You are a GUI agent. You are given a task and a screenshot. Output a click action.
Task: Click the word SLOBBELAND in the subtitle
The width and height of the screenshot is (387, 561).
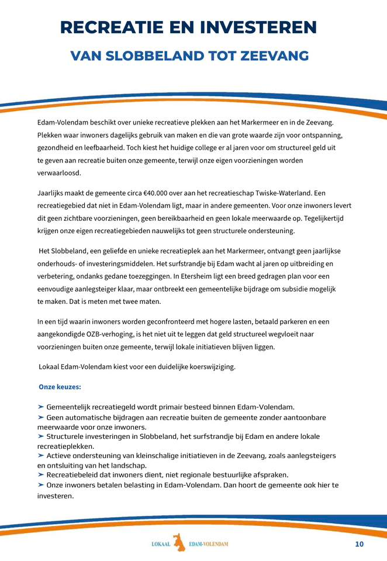pyautogui.click(x=160, y=56)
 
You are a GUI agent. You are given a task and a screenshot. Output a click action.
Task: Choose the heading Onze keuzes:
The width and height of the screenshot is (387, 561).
pyautogui.click(x=60, y=387)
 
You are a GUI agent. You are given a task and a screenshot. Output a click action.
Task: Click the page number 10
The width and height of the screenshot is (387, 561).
pyautogui.click(x=359, y=544)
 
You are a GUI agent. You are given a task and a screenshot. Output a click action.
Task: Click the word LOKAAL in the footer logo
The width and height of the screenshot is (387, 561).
pyautogui.click(x=160, y=544)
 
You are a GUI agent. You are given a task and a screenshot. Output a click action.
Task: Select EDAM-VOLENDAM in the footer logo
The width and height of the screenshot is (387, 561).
pyautogui.click(x=209, y=544)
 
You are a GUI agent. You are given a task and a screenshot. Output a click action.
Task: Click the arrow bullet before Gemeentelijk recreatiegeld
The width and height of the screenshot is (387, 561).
pyautogui.click(x=41, y=406)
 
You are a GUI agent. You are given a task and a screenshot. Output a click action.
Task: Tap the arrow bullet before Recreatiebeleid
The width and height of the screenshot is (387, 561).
pyautogui.click(x=41, y=475)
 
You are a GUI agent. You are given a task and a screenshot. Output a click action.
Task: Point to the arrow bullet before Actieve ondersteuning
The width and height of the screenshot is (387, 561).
pyautogui.click(x=41, y=455)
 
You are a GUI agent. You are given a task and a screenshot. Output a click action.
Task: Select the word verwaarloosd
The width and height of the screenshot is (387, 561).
pyautogui.click(x=59, y=173)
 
